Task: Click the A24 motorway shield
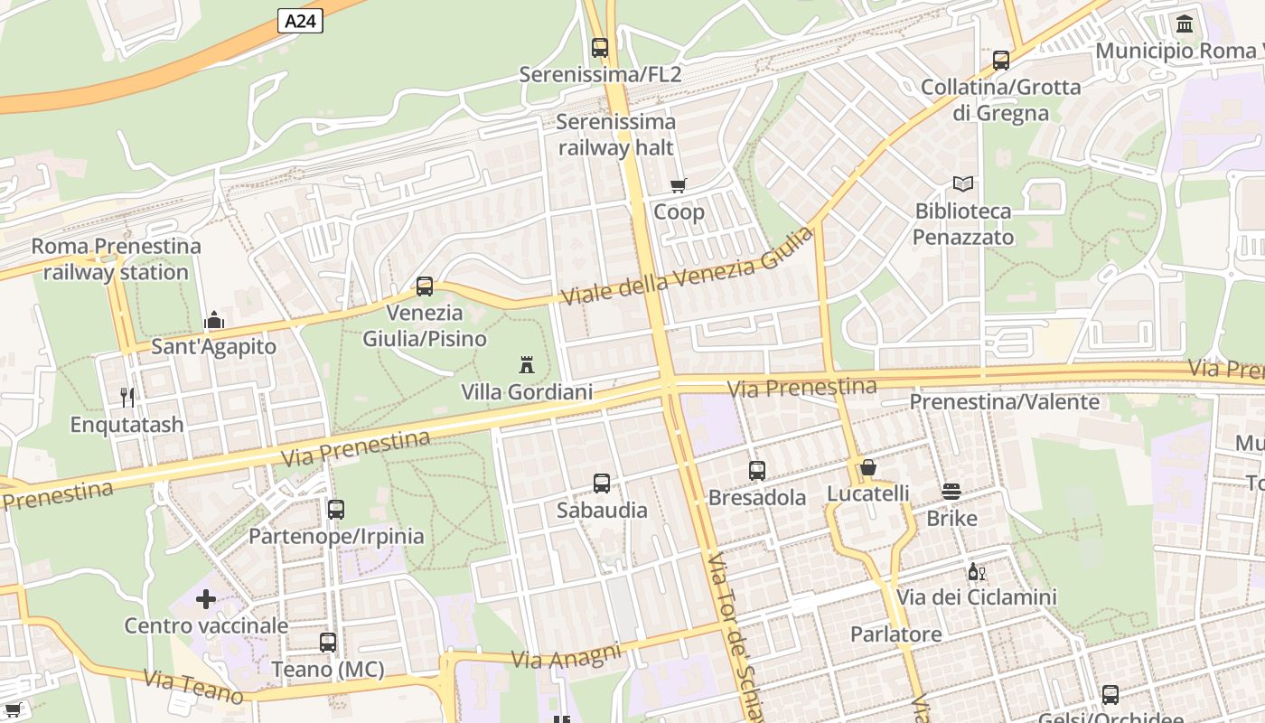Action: pyautogui.click(x=300, y=21)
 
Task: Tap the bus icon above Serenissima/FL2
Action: pyautogui.click(x=600, y=47)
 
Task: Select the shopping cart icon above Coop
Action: pyautogui.click(x=679, y=185)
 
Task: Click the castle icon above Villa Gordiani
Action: pyautogui.click(x=527, y=364)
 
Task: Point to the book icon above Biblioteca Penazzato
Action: pyautogui.click(x=963, y=183)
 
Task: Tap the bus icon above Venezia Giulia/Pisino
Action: pyautogui.click(x=425, y=286)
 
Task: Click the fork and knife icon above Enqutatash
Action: pyautogui.click(x=127, y=397)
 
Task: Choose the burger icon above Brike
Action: pyautogui.click(x=951, y=491)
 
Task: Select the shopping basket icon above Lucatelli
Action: pyautogui.click(x=868, y=467)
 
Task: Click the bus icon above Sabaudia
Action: pyautogui.click(x=602, y=484)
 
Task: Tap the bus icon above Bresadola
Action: pyautogui.click(x=757, y=470)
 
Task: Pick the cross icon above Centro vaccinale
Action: pyautogui.click(x=206, y=598)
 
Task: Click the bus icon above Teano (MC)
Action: pyautogui.click(x=328, y=643)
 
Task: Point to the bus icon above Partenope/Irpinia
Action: pyautogui.click(x=336, y=509)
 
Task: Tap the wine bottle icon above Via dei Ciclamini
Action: pyautogui.click(x=976, y=571)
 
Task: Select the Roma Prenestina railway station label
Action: pyautogui.click(x=117, y=258)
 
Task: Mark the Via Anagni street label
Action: pyautogui.click(x=567, y=656)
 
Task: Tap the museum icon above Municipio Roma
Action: pyautogui.click(x=1185, y=23)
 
